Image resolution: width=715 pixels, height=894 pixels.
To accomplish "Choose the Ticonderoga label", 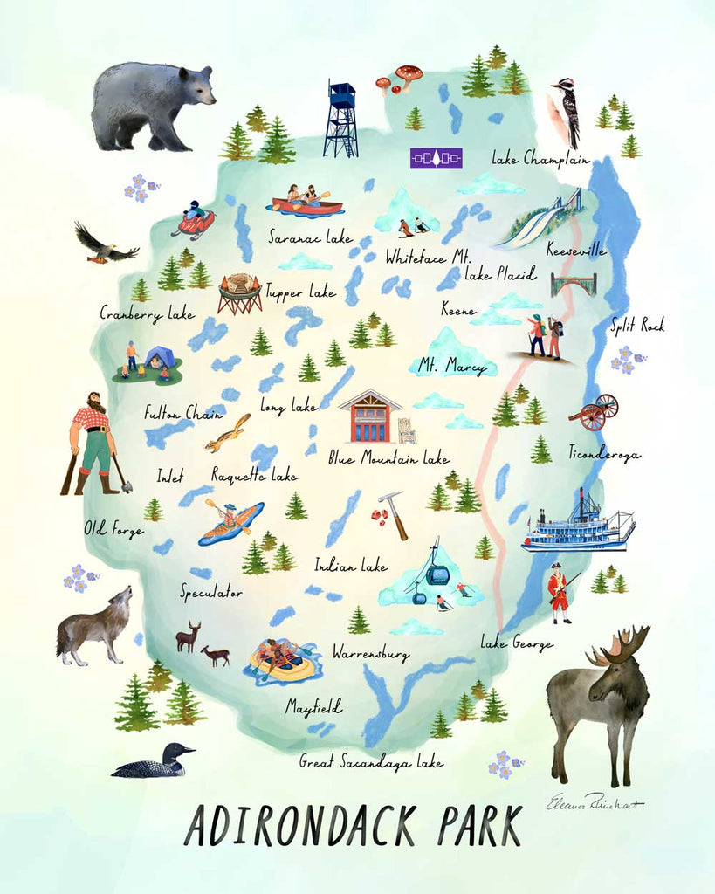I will click(603, 453).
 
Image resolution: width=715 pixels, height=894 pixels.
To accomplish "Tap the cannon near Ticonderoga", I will click(595, 410).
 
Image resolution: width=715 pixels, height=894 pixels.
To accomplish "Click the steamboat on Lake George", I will click(577, 525).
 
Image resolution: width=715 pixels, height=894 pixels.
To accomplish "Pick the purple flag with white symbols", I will click(436, 158).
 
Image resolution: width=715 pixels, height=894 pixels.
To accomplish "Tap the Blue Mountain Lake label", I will click(388, 457).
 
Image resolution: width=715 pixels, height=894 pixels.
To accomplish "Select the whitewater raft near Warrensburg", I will click(282, 660).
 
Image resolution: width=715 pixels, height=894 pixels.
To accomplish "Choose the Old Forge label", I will click(113, 529).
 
